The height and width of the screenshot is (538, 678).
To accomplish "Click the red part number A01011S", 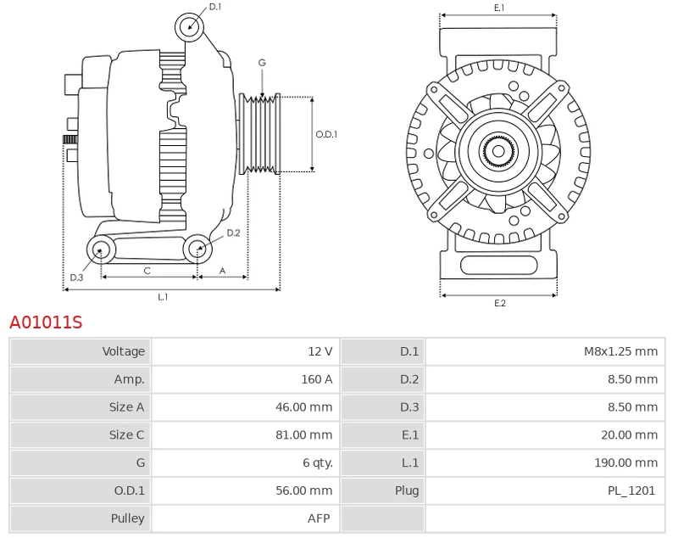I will tap(46, 322).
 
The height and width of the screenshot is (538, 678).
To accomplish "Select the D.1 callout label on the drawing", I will tap(215, 7).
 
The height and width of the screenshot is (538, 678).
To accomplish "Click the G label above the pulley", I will tap(262, 63).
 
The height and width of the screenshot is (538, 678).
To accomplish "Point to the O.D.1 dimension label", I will tap(326, 134).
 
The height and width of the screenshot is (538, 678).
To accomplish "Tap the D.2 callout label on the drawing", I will tap(233, 233).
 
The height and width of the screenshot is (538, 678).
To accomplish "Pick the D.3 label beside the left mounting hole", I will tap(76, 277).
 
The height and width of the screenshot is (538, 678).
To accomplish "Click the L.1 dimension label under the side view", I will tap(163, 297).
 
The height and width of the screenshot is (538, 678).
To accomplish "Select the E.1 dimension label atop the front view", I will tap(499, 8).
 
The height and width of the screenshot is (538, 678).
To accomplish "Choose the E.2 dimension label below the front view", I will tap(499, 304).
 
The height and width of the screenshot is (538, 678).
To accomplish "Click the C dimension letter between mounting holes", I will tap(147, 271).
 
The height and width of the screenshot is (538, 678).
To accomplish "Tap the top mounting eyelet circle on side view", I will tap(190, 27).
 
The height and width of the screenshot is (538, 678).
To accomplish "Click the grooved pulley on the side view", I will tap(261, 134).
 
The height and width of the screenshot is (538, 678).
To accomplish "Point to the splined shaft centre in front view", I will tap(498, 153).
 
